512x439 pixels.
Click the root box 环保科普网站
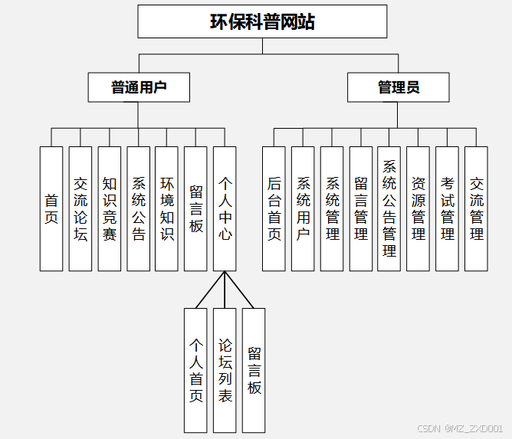coord(262,21)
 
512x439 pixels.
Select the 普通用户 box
coord(139,87)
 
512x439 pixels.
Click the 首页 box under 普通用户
coord(51,208)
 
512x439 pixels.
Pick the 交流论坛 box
coord(80,208)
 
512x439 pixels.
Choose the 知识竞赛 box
coord(110,208)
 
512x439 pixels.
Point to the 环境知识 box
coord(167,208)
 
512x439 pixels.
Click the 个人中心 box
coord(225,208)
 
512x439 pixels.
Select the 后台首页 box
coord(274,208)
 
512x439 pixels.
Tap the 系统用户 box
coord(304,208)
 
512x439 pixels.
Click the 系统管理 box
coord(332,208)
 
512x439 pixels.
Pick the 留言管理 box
coord(361,208)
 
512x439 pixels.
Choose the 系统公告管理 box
coord(389,208)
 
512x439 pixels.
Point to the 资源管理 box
coord(418,208)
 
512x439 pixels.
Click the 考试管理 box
coord(448,208)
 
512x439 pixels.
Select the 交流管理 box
coord(476,208)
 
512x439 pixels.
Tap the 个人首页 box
coord(196,370)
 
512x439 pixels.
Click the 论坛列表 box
coord(225,370)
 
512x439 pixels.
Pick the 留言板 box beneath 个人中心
coord(254,370)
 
